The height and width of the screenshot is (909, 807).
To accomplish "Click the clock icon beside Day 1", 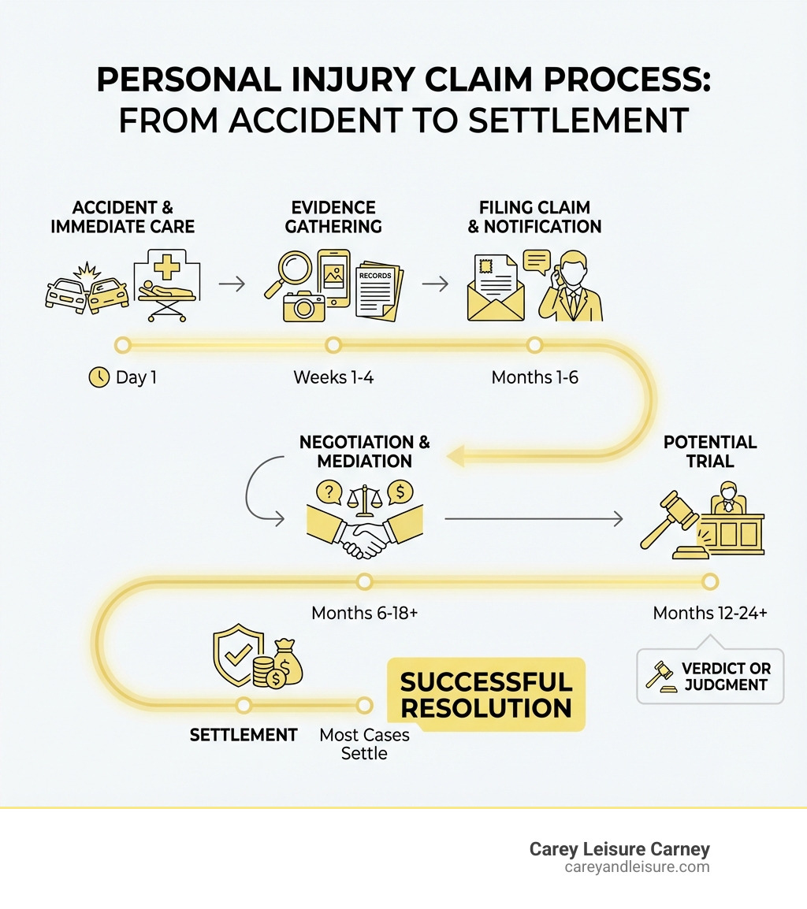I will [x=99, y=377].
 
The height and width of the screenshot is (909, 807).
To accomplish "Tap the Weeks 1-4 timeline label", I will [x=333, y=377].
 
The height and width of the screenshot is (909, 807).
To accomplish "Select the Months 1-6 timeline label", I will [x=534, y=377].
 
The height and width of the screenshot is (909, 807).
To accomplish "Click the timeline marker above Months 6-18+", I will [x=364, y=581].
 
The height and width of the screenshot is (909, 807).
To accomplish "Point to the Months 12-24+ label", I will [x=710, y=613].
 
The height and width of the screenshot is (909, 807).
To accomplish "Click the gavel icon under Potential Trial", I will [x=670, y=520].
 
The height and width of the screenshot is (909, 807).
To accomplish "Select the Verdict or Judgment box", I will [x=710, y=676].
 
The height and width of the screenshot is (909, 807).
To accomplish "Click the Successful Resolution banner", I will [x=486, y=694].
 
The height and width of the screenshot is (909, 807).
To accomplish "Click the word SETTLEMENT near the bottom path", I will [x=244, y=735].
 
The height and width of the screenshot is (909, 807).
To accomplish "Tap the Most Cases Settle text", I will [x=364, y=744].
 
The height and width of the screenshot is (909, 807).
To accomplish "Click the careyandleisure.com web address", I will [x=637, y=867].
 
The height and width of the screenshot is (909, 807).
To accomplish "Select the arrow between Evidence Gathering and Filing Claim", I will [x=435, y=284].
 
